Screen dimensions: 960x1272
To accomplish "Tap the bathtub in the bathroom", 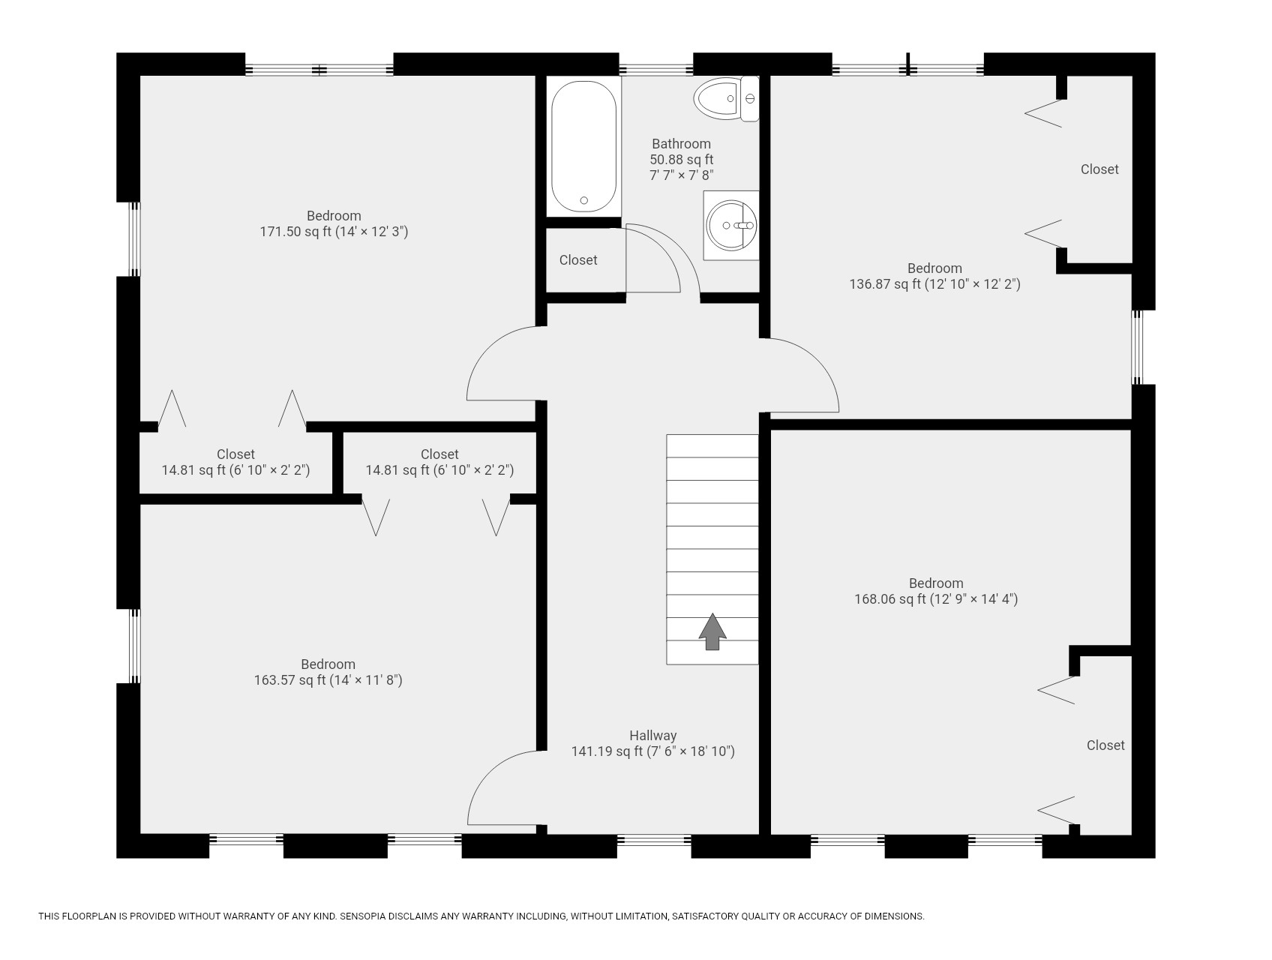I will click(x=584, y=146).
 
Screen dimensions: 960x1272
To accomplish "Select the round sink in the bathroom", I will click(x=732, y=225).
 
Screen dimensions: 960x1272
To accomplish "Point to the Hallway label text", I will click(x=652, y=736).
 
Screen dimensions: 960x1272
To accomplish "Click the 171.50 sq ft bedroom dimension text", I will click(x=334, y=232).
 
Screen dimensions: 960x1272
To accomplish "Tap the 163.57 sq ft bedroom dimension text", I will click(x=328, y=680).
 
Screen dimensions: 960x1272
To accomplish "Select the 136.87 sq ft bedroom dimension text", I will click(x=934, y=284).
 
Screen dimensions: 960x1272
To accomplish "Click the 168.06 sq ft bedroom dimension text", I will click(x=936, y=599).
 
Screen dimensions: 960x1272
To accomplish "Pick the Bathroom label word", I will click(x=681, y=144).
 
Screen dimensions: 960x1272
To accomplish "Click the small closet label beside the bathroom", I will click(x=578, y=260).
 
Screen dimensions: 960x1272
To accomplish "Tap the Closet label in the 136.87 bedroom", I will click(x=1099, y=169).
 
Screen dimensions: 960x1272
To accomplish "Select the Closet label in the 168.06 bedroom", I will click(x=1105, y=745).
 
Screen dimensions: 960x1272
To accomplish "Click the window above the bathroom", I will click(x=656, y=70).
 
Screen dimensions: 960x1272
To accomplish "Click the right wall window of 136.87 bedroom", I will click(x=1138, y=347).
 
